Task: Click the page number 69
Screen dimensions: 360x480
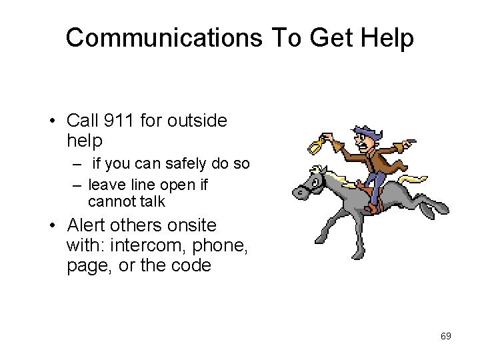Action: (446, 336)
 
